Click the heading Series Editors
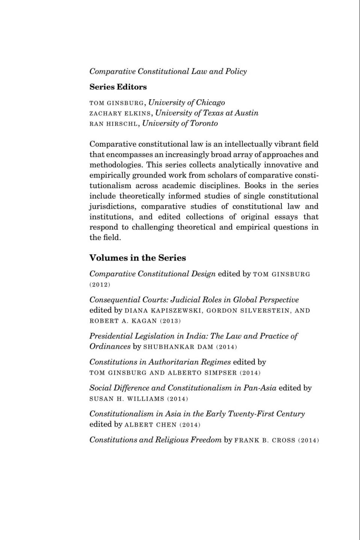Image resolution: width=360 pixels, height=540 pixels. (118, 87)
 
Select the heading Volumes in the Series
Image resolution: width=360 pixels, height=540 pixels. (138, 258)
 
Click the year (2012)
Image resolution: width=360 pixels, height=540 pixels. (100, 285)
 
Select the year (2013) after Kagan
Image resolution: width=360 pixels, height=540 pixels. (170, 321)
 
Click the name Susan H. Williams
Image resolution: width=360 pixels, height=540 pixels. (126, 399)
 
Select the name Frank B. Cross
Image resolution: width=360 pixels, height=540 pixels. (265, 440)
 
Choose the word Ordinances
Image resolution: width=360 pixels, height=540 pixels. (110, 346)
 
